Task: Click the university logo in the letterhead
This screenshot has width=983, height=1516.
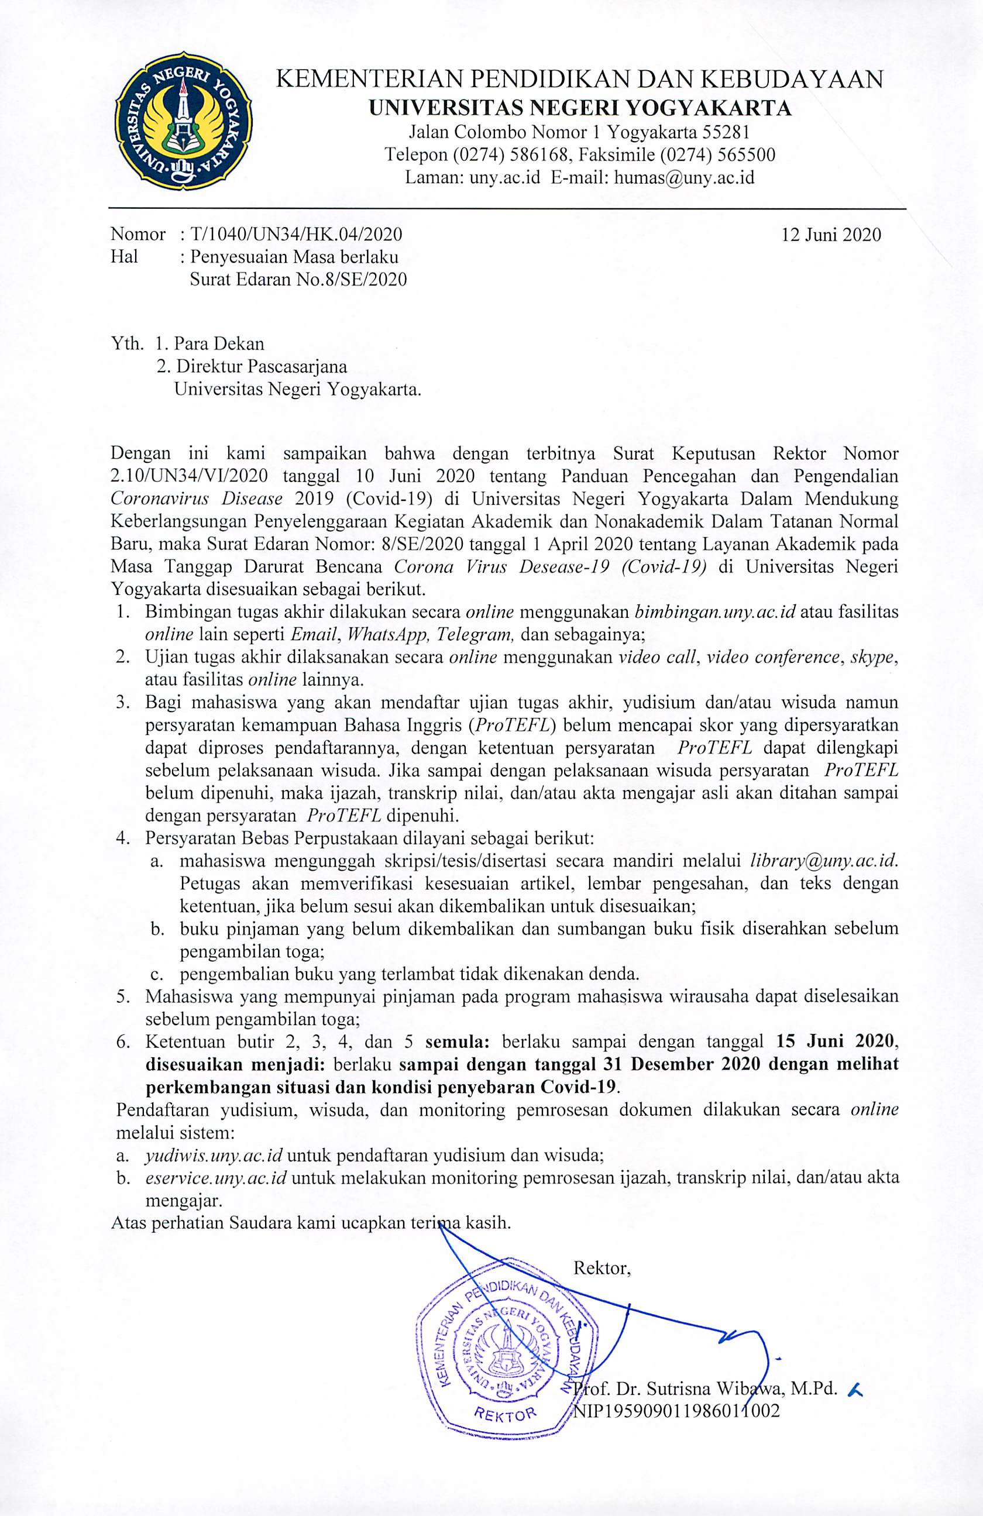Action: pyautogui.click(x=184, y=121)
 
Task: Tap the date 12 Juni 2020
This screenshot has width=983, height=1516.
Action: pyautogui.click(x=831, y=235)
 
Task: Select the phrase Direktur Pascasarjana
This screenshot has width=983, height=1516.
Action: pyautogui.click(x=261, y=367)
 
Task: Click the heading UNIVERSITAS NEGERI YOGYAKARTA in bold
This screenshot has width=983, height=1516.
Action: pyautogui.click(x=580, y=108)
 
